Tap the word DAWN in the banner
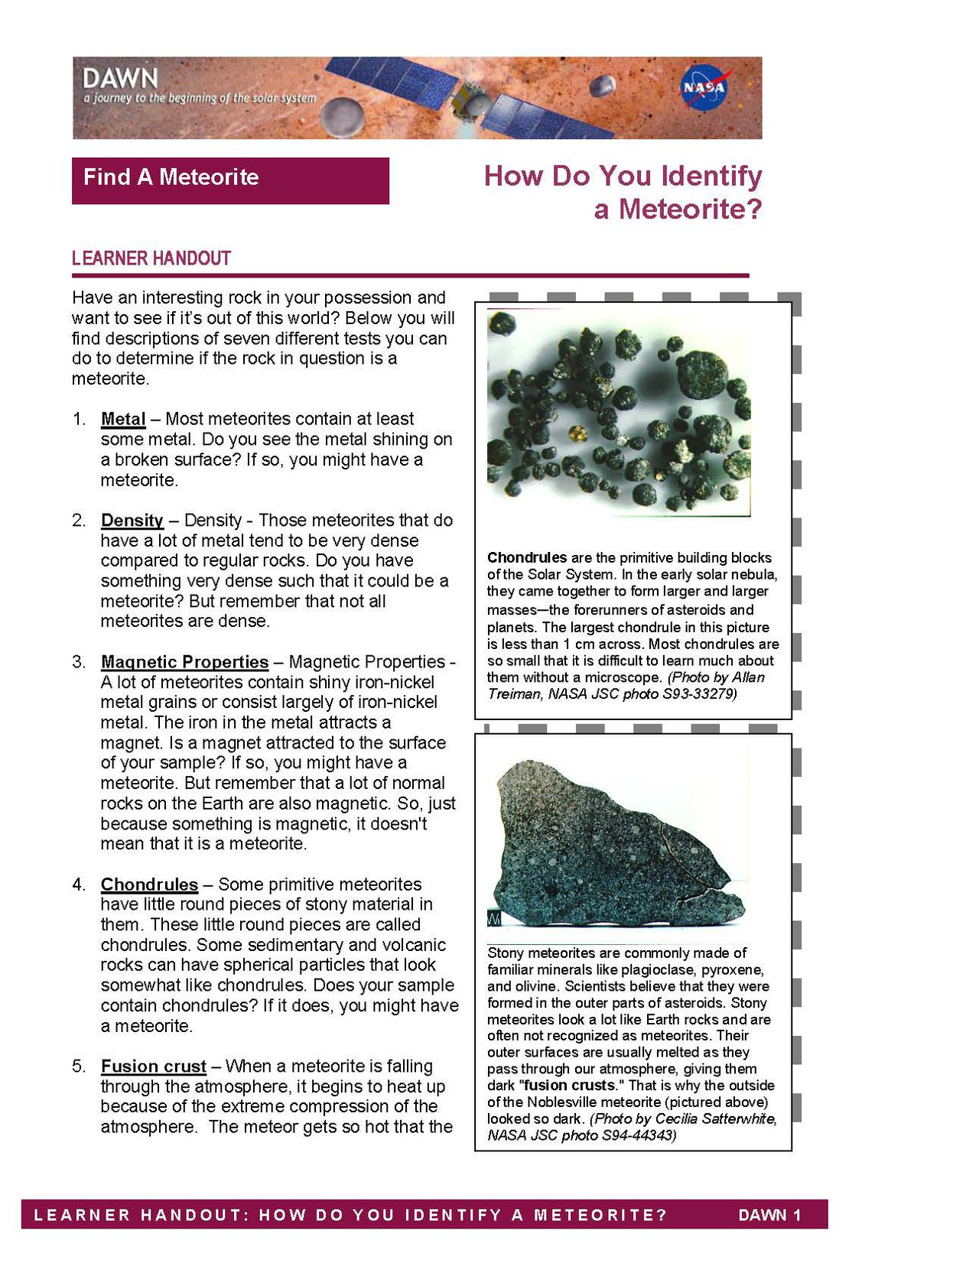120,78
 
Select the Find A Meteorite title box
230,180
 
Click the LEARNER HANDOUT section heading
151,258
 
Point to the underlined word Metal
123,419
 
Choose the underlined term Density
132,521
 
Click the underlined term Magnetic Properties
184,662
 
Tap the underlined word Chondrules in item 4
149,885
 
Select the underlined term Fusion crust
154,1066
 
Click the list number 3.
79,662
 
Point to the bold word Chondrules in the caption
527,558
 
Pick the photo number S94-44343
636,1135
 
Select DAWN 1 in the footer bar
769,1216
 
